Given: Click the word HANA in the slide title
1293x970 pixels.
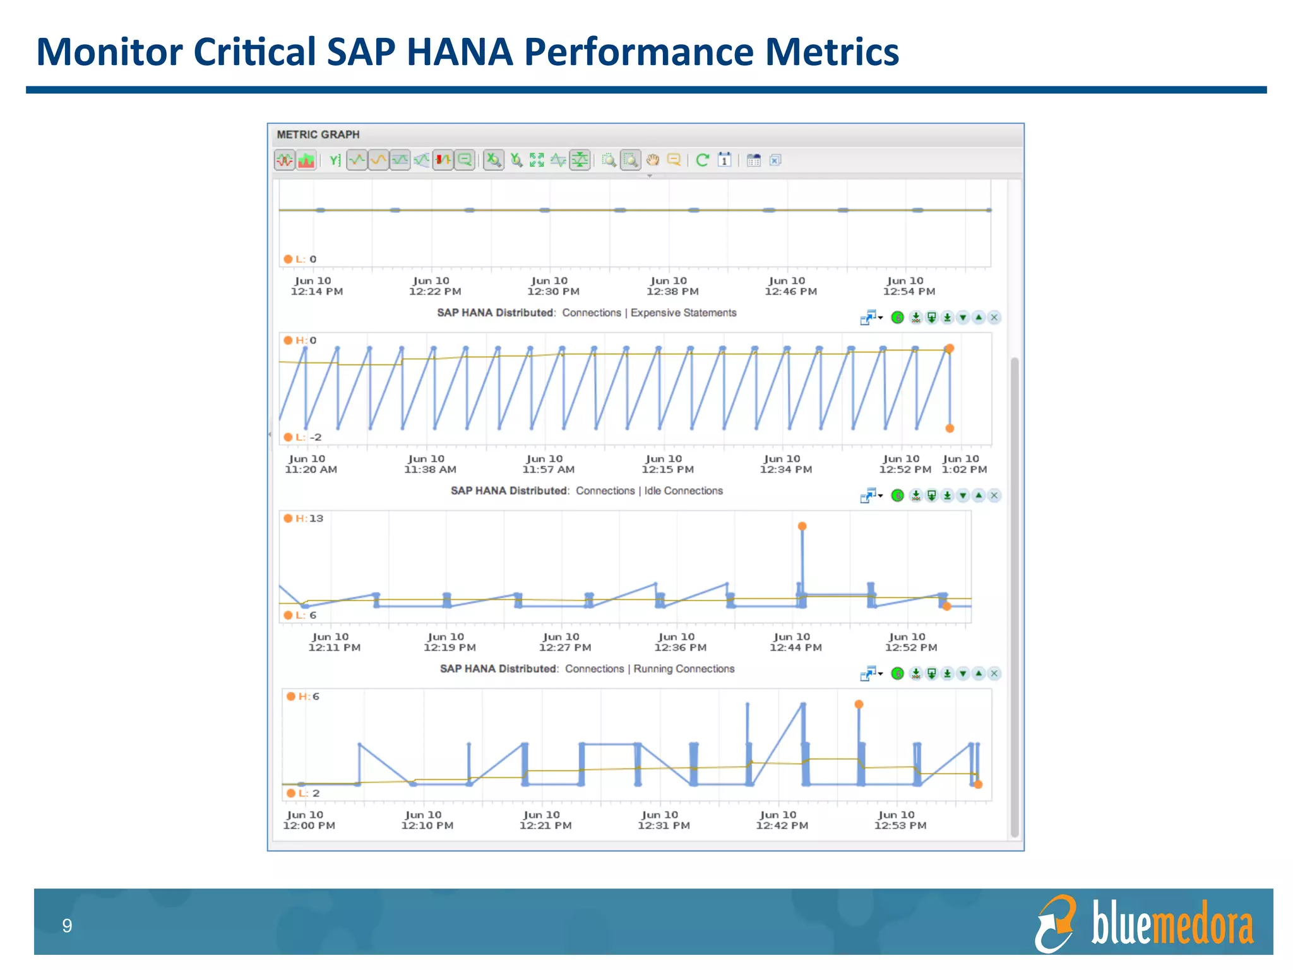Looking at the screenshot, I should (459, 52).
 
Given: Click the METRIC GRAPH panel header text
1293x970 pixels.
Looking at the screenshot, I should (318, 135).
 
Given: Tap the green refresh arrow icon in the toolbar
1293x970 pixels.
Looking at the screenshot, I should (702, 160).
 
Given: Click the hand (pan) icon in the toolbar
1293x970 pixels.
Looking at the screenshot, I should (652, 160).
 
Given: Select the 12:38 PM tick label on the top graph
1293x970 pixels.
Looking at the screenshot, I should (672, 286).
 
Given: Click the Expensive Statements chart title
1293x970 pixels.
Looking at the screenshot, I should (587, 313).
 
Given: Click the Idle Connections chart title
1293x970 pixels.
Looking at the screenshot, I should (587, 491).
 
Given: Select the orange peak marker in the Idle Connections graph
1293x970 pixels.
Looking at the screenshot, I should (802, 526).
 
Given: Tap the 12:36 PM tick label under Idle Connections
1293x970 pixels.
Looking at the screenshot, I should (680, 642).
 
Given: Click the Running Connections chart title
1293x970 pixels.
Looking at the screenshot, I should (587, 669).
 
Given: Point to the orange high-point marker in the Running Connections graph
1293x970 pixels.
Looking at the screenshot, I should (859, 704).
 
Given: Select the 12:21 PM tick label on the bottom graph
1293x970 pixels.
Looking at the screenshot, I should (545, 820).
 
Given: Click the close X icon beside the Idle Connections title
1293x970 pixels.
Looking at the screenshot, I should (994, 496).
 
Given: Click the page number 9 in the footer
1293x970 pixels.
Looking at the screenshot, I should (67, 926).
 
